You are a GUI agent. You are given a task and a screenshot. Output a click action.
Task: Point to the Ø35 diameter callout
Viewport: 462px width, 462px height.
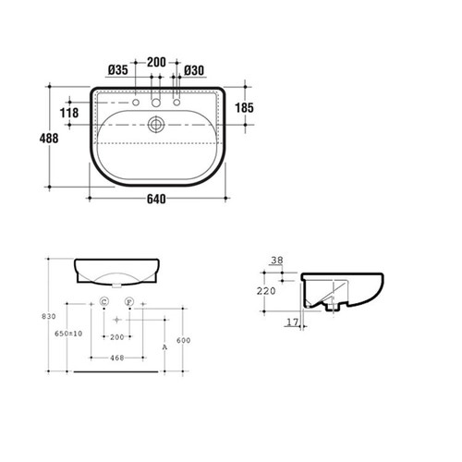pyautogui.click(x=117, y=69)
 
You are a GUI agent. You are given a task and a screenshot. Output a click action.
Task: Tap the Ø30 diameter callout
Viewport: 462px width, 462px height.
pyautogui.click(x=194, y=69)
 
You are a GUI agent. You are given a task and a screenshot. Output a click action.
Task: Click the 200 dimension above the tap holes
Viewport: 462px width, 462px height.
pyautogui.click(x=156, y=62)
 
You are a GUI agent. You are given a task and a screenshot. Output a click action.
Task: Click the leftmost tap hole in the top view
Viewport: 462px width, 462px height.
pyautogui.click(x=136, y=104)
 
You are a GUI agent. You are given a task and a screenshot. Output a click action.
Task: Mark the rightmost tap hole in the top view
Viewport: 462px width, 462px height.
pyautogui.click(x=176, y=104)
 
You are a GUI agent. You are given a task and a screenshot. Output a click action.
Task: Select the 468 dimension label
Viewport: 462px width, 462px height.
pyautogui.click(x=117, y=359)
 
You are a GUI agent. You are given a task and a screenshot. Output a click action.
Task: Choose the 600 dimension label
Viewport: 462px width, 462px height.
pyautogui.click(x=184, y=340)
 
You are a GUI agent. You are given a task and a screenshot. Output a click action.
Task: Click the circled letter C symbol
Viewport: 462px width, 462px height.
pyautogui.click(x=103, y=302)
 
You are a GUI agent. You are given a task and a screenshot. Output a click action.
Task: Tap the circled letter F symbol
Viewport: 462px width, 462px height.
pyautogui.click(x=130, y=302)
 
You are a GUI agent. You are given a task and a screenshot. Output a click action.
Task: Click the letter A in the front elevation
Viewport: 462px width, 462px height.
pyautogui.click(x=164, y=347)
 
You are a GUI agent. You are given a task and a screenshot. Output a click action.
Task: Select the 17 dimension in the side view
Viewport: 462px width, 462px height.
pyautogui.click(x=291, y=322)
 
